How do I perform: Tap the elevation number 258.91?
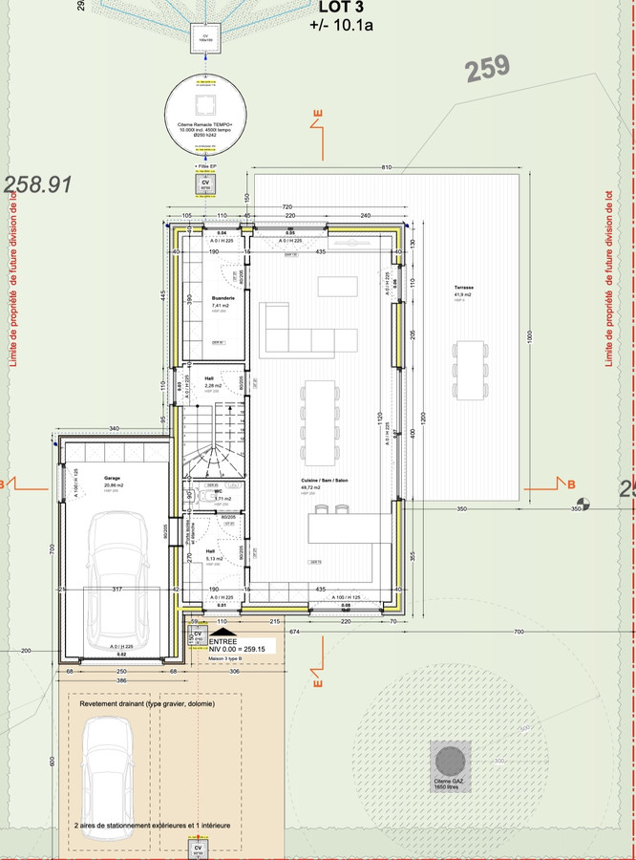(39, 184)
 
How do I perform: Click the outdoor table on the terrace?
(471, 371)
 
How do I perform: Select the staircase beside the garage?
(215, 438)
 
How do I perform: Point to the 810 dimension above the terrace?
(388, 167)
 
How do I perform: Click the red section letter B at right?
(571, 484)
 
